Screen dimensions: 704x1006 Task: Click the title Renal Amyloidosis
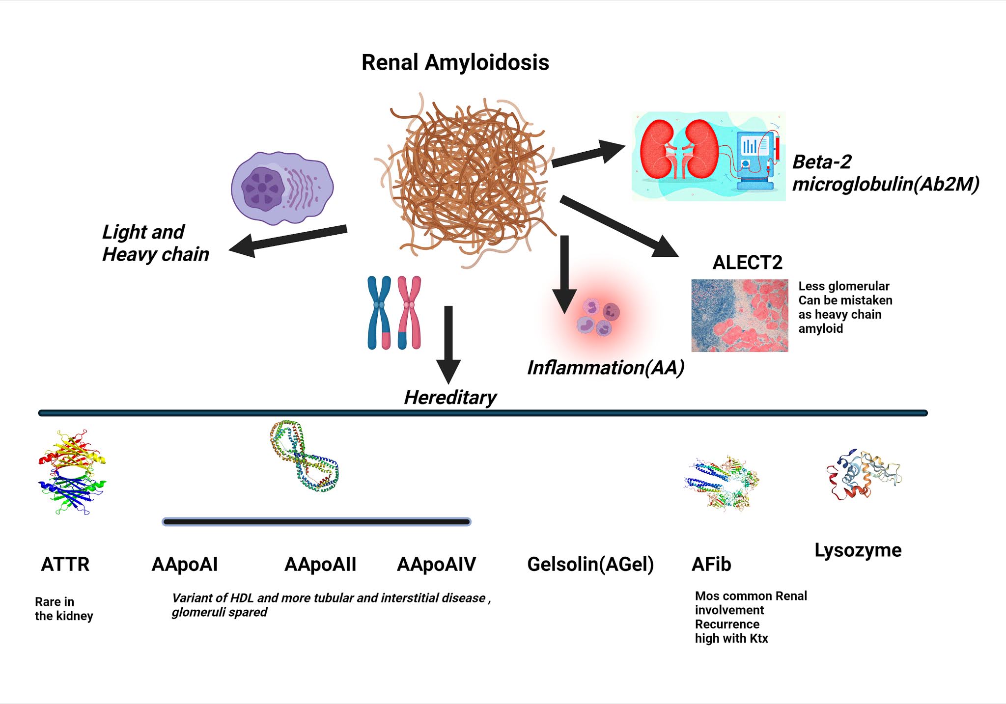(455, 63)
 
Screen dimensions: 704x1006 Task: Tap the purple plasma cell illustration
(282, 188)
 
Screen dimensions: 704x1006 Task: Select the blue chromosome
(379, 313)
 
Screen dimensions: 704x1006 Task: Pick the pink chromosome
(409, 313)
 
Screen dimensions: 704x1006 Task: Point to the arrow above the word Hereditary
(448, 344)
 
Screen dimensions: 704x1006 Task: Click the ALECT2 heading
(747, 263)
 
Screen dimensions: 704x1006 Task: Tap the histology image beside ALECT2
(739, 315)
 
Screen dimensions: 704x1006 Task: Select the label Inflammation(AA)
(605, 368)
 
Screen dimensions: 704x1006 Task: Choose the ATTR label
(65, 565)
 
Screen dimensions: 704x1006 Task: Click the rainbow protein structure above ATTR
(72, 472)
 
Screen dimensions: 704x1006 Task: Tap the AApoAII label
(320, 565)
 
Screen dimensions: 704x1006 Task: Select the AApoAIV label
(436, 565)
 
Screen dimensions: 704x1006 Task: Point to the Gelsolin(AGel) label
(590, 565)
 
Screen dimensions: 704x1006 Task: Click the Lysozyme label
(858, 550)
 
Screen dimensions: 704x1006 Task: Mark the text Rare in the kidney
(63, 609)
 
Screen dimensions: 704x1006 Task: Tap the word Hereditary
(450, 398)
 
